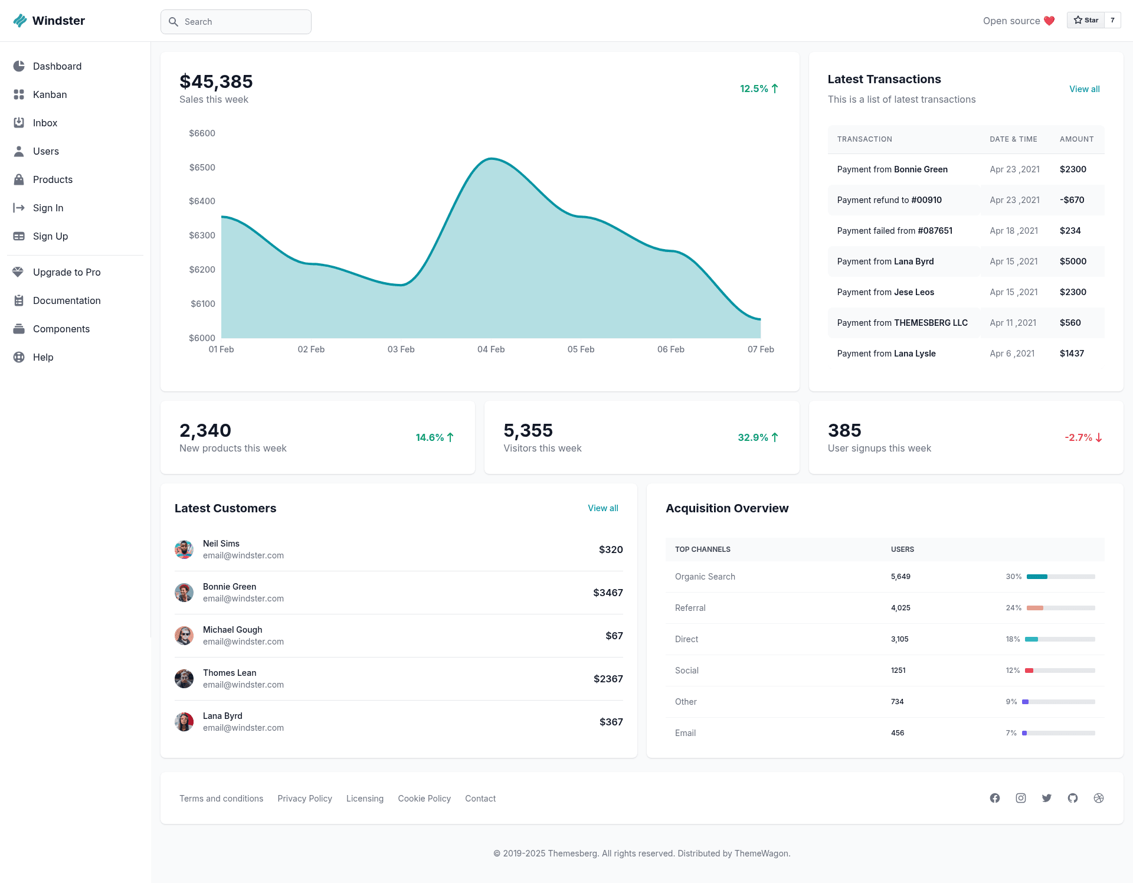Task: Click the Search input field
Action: (236, 22)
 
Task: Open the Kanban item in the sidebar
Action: (50, 94)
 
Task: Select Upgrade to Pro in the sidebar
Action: (67, 272)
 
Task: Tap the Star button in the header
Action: (1086, 20)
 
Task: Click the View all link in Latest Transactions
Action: (1085, 89)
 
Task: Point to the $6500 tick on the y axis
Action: (202, 168)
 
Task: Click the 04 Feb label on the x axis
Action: (491, 349)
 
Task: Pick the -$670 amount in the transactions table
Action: (1072, 200)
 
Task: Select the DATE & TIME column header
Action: (1013, 139)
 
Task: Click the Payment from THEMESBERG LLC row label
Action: (902, 323)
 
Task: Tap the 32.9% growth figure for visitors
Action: (753, 437)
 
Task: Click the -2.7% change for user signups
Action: (1078, 437)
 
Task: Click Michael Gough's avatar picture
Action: (184, 636)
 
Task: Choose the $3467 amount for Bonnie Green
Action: (608, 593)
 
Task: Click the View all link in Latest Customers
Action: (603, 508)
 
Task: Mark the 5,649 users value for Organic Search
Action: (900, 577)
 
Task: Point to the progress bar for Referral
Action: (1061, 608)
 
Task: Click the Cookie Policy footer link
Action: (424, 799)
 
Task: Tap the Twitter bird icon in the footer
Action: (1047, 798)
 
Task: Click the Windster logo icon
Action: (20, 21)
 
